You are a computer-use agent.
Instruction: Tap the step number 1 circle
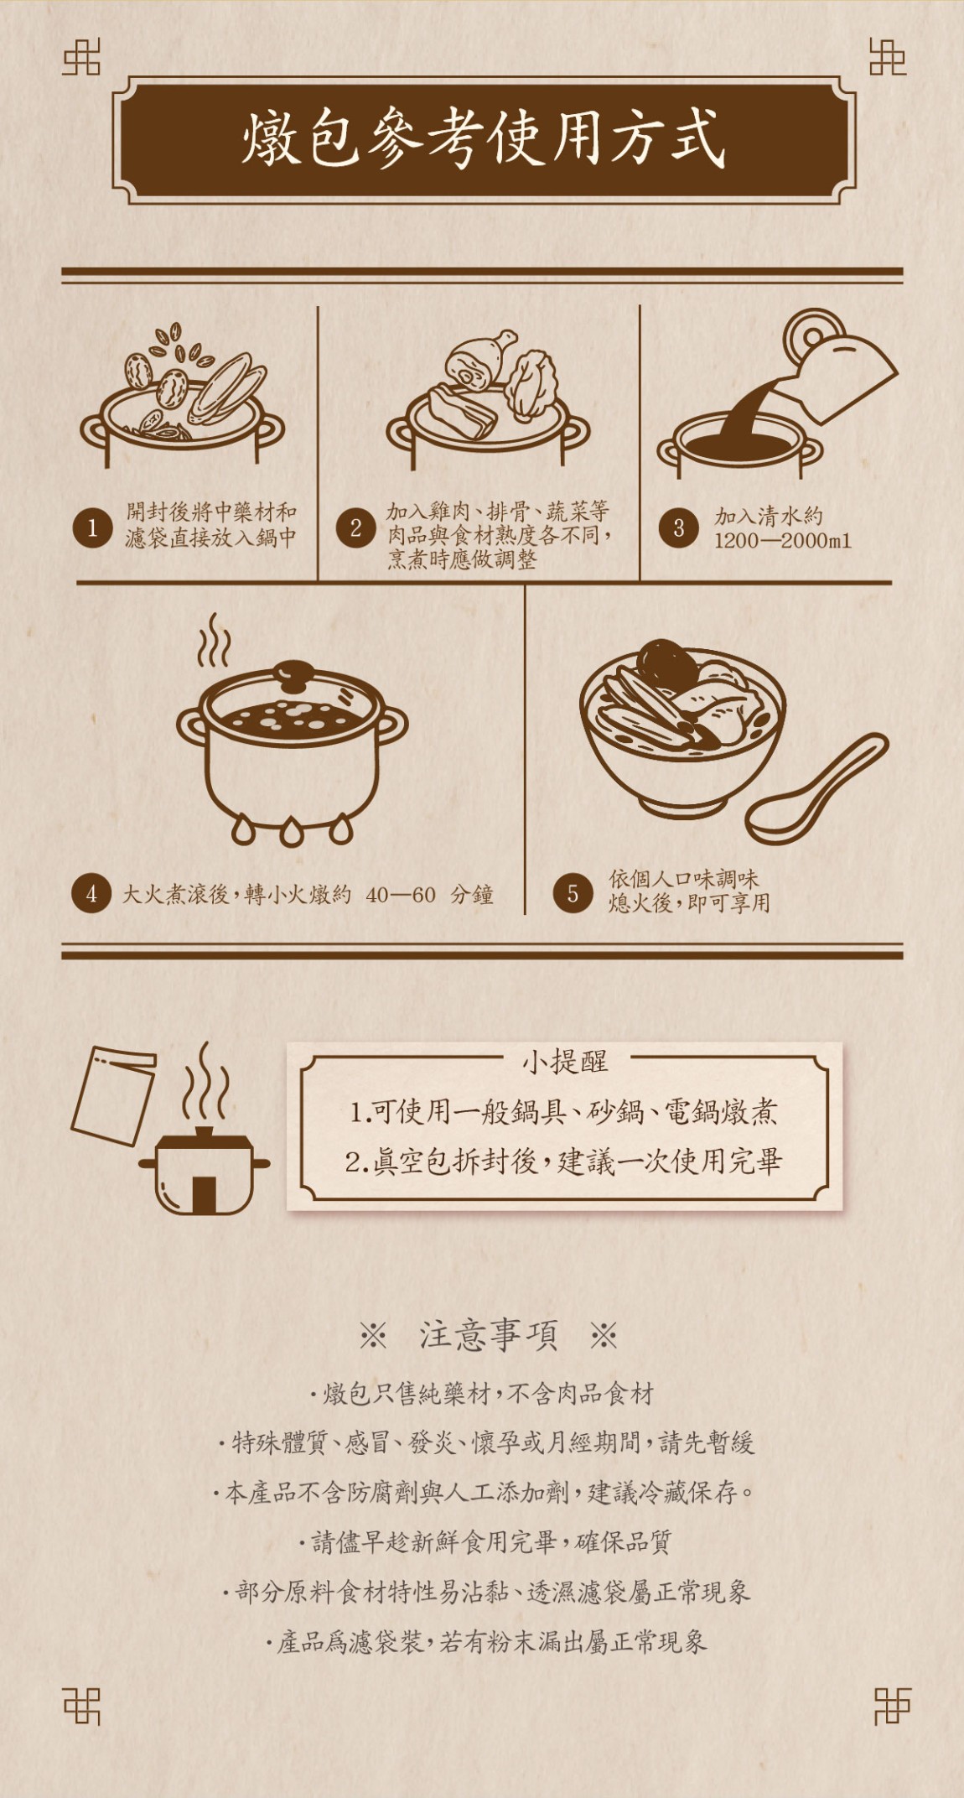point(92,528)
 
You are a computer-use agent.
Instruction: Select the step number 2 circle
point(356,528)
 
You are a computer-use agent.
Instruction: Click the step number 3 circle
point(678,528)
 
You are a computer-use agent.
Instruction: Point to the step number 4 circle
point(91,894)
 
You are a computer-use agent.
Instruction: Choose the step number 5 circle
point(573,893)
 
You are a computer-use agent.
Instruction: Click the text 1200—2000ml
point(782,541)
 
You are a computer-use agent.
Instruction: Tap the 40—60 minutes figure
point(401,895)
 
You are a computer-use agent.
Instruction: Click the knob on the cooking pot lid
point(293,671)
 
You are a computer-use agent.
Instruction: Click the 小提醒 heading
point(565,1062)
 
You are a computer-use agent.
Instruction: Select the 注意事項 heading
point(488,1334)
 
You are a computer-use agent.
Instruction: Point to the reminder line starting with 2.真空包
point(563,1162)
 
